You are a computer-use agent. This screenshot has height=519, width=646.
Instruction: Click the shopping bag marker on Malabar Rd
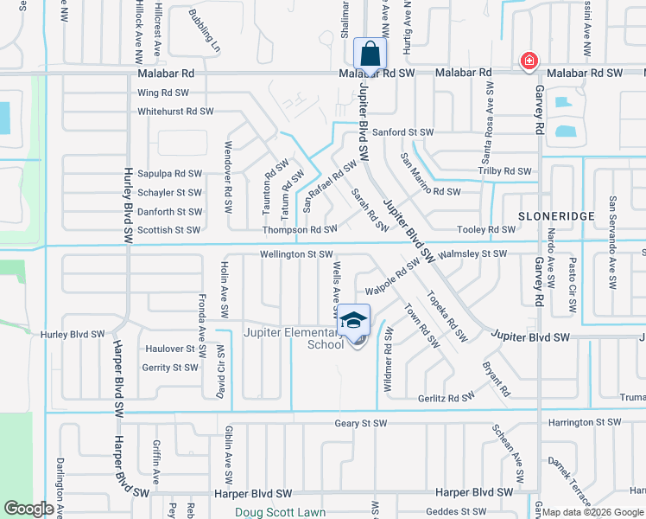pos(370,54)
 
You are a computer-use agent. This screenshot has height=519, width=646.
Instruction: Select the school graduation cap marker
pos(353,321)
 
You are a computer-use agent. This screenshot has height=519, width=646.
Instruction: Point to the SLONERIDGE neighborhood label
pos(548,214)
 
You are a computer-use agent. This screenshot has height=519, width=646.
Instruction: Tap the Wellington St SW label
pos(296,254)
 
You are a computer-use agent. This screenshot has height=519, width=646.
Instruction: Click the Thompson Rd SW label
pos(300,230)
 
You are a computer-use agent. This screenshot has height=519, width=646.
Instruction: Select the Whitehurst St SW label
pos(175,112)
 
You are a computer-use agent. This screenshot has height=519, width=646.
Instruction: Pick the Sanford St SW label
pos(403,132)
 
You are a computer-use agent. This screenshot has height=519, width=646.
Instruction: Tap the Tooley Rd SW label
pos(485,230)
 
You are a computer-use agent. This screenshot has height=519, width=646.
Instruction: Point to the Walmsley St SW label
pos(472,254)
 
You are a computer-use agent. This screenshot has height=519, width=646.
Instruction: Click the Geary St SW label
pos(364,423)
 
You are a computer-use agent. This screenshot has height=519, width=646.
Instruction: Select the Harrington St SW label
pos(584,423)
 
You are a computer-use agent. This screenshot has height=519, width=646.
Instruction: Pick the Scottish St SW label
pos(168,230)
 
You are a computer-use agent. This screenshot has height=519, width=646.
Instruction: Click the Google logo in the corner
pos(28,509)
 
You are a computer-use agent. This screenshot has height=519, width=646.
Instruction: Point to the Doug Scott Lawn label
pos(281,512)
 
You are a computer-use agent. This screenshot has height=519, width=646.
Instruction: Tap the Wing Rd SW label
pos(163,93)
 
